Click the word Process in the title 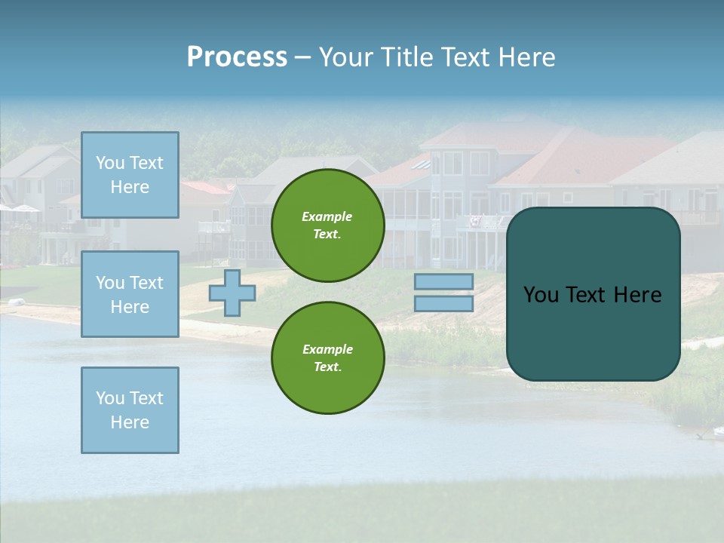[237, 57]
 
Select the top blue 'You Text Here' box [130, 175]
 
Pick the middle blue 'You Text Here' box [130, 294]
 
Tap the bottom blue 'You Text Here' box [130, 410]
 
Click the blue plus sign [232, 293]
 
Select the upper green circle [327, 225]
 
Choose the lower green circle [327, 358]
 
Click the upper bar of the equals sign [443, 281]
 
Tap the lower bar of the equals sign [443, 303]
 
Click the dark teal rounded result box [593, 332]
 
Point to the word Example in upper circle [327, 216]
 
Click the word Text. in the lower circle [327, 367]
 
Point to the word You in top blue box [109, 163]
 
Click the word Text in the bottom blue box [146, 397]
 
